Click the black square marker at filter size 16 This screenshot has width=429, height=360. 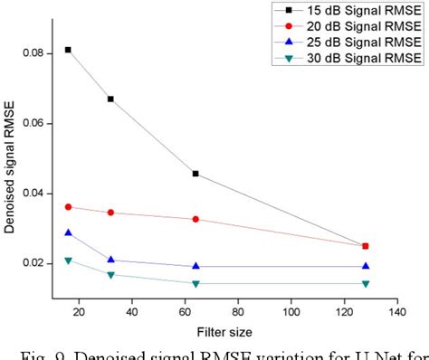pos(68,50)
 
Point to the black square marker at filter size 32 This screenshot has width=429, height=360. pos(110,99)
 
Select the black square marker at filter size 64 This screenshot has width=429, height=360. pos(195,174)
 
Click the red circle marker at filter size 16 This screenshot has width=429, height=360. pos(68,207)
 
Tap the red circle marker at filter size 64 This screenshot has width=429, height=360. pos(195,219)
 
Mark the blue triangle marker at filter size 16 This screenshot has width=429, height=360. pos(68,232)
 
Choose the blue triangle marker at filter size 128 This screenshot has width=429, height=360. pos(366,266)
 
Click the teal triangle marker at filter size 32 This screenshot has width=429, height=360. pos(110,275)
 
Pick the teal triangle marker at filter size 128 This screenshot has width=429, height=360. pos(366,284)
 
